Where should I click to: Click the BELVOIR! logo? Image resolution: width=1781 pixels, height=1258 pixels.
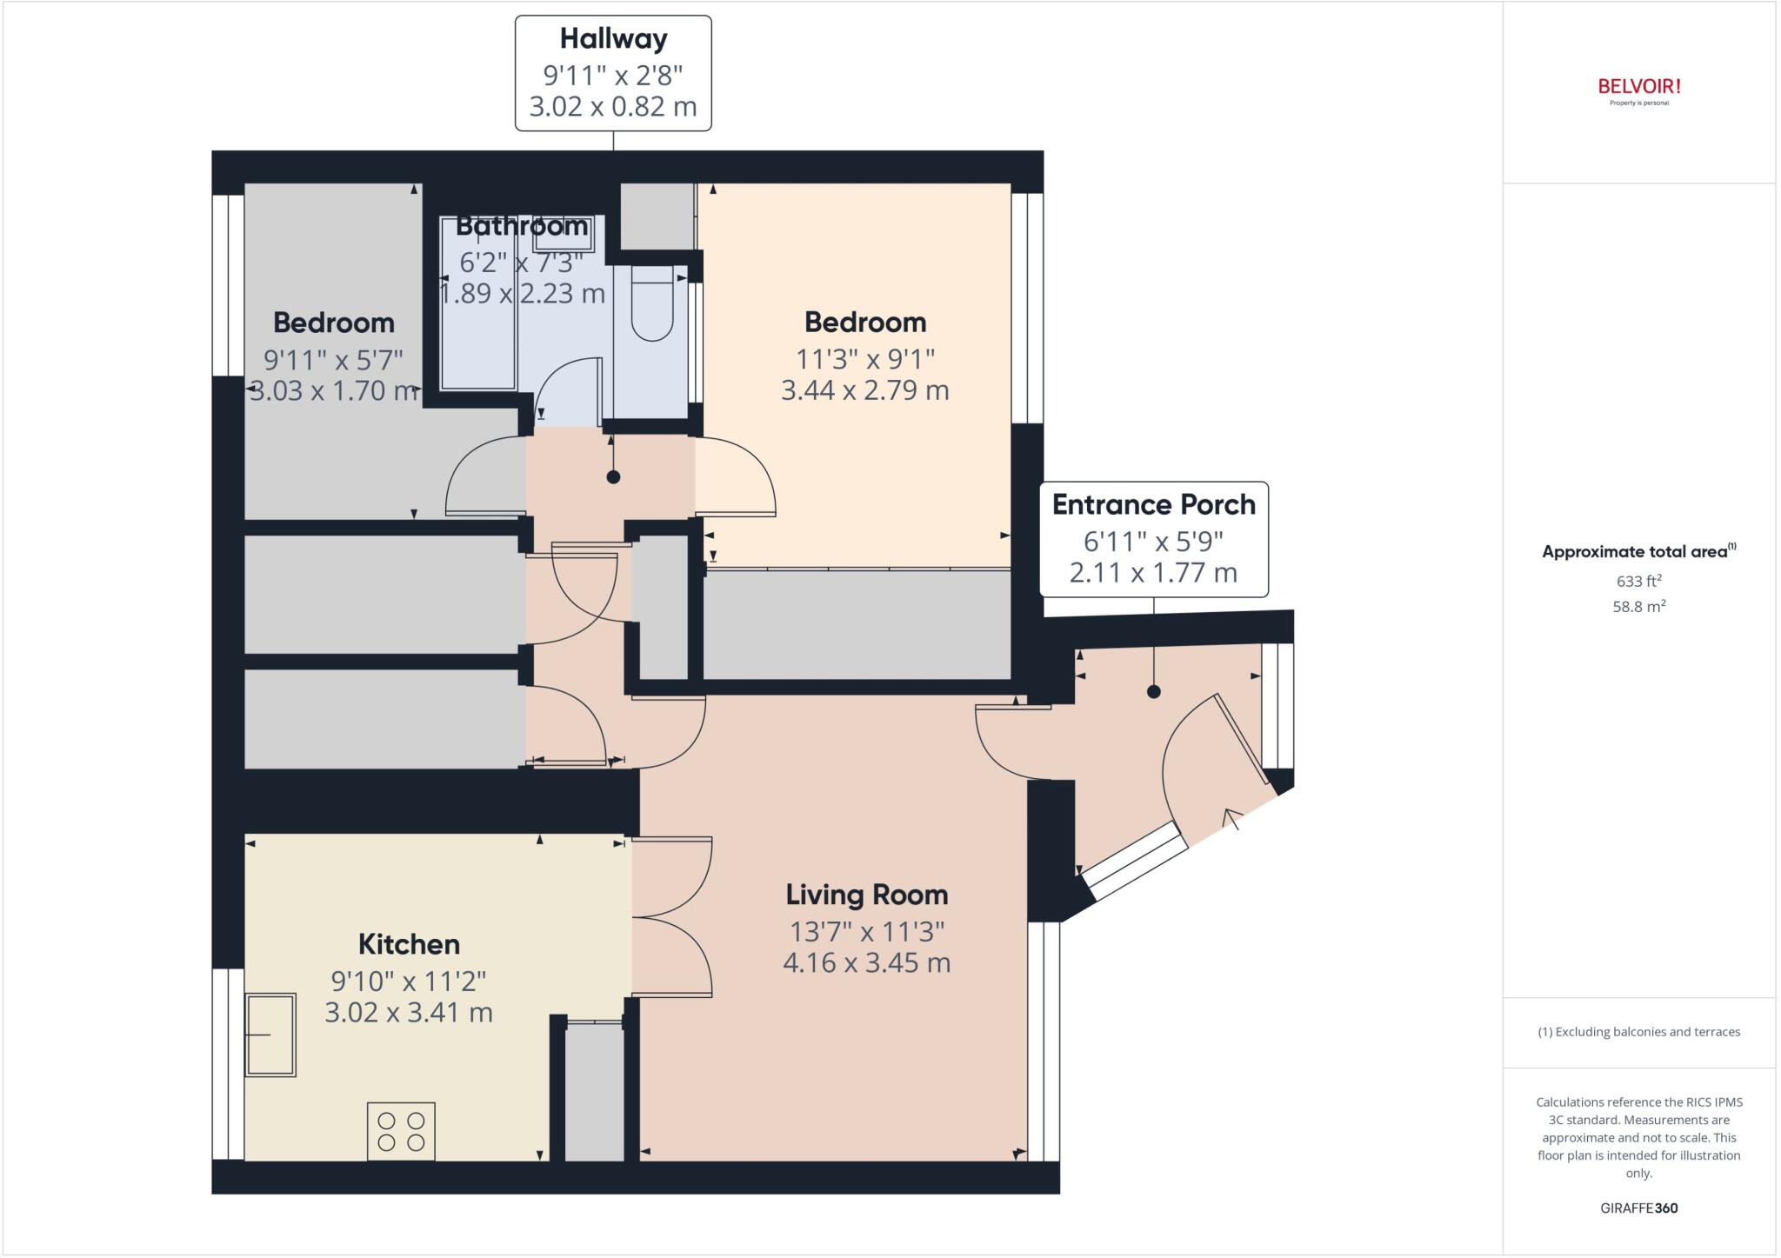[x=1638, y=87]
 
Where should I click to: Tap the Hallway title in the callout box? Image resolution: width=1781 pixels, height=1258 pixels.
[x=613, y=38]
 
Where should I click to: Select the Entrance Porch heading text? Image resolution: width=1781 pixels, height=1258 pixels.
[x=1153, y=504]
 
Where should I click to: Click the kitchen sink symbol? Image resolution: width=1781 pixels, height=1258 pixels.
[x=270, y=1035]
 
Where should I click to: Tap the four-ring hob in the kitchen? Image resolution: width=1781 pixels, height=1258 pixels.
[x=401, y=1131]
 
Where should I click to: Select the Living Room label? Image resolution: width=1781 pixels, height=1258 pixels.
[x=866, y=894]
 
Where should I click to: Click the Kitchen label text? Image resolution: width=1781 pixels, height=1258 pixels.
[x=409, y=943]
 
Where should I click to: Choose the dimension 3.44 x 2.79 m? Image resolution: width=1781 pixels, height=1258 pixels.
[x=864, y=390]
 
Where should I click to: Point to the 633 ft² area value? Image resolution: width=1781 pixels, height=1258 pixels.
[x=1638, y=581]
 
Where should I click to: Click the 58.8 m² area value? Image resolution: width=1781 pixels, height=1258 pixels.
[x=1638, y=606]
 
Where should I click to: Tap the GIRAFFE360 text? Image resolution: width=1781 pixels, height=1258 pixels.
[x=1638, y=1208]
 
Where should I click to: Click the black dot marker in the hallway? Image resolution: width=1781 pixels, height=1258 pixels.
[x=613, y=476]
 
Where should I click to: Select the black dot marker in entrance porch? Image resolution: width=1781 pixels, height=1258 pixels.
[x=1153, y=692]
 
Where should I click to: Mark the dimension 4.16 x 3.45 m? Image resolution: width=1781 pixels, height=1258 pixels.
[x=866, y=963]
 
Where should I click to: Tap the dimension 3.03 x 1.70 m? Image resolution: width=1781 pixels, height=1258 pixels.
[x=334, y=391]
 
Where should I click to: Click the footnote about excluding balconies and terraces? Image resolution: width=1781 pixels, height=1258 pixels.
[x=1638, y=1032]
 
